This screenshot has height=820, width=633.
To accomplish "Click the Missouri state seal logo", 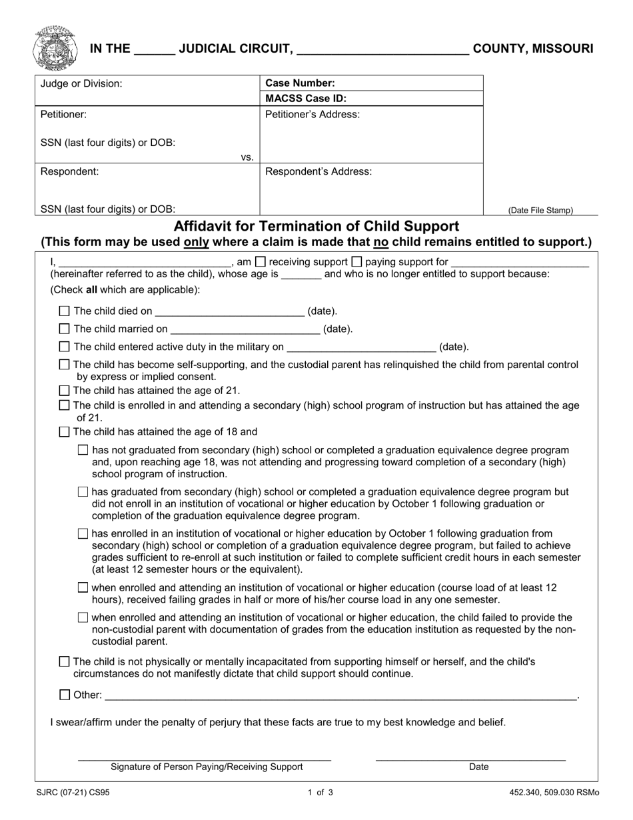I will (54, 48).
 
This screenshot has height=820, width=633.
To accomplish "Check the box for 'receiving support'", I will (261, 262).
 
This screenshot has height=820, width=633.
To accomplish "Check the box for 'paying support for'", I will (356, 262).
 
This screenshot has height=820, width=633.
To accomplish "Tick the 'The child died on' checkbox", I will (64, 311).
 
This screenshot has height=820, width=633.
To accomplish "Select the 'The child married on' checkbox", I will (64, 329).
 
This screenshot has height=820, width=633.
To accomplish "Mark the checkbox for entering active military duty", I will (64, 347).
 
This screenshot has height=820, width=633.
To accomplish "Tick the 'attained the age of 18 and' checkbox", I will (64, 432).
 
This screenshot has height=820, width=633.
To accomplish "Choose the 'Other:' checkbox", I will (64, 695).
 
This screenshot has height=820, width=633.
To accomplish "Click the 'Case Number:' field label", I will (300, 83).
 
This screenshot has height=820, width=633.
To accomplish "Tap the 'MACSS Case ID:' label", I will (306, 99).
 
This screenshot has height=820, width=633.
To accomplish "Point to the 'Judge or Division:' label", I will (81, 83).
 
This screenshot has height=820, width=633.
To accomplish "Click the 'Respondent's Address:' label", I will (318, 171).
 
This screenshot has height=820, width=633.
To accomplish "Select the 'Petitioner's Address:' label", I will (313, 114).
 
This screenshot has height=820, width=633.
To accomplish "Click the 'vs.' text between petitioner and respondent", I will (247, 157).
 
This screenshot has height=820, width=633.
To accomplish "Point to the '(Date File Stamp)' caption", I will (540, 210).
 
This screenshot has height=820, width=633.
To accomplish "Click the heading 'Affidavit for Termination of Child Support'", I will (316, 226).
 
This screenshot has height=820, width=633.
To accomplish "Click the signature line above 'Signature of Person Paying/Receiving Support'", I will (205, 759).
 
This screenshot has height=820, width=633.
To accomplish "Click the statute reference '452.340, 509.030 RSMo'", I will (554, 793).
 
